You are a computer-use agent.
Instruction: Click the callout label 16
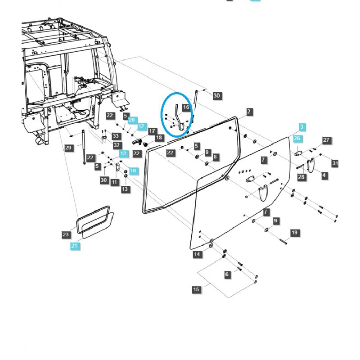coord(186,108)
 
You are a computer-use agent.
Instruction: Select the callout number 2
coord(249,112)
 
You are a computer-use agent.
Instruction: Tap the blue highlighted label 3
coord(302,126)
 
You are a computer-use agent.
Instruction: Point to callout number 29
coord(68,148)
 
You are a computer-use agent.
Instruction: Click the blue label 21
coord(74,246)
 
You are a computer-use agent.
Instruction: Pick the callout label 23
coord(66,234)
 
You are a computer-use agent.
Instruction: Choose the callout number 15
coord(196,289)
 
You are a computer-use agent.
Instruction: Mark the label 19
coord(294,233)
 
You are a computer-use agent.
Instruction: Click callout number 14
coord(197,255)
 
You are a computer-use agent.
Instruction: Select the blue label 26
coord(297,139)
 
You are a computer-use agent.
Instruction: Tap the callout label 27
coord(327,140)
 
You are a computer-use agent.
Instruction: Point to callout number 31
coord(335,163)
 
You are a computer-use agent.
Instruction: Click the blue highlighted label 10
coord(133,171)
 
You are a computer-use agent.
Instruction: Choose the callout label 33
coord(116,136)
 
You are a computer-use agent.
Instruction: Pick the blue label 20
coord(132,120)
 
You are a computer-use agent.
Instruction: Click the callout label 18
coord(159,138)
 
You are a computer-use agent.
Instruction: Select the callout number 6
coord(227,274)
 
